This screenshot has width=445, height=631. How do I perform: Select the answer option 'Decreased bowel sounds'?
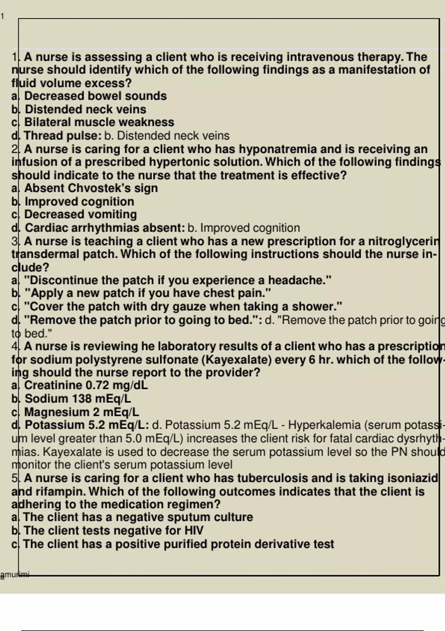(95, 96)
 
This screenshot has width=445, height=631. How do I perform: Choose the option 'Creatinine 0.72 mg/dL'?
(86, 385)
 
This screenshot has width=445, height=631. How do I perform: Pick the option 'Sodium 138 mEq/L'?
(78, 399)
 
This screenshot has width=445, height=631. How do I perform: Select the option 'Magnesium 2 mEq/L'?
(82, 412)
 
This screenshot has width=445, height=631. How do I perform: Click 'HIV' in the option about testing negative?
(194, 530)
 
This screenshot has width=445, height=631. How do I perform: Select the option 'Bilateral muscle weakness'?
(99, 122)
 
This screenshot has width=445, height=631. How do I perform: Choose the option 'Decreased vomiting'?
(80, 215)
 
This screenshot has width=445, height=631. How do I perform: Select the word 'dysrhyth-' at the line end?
(419, 438)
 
